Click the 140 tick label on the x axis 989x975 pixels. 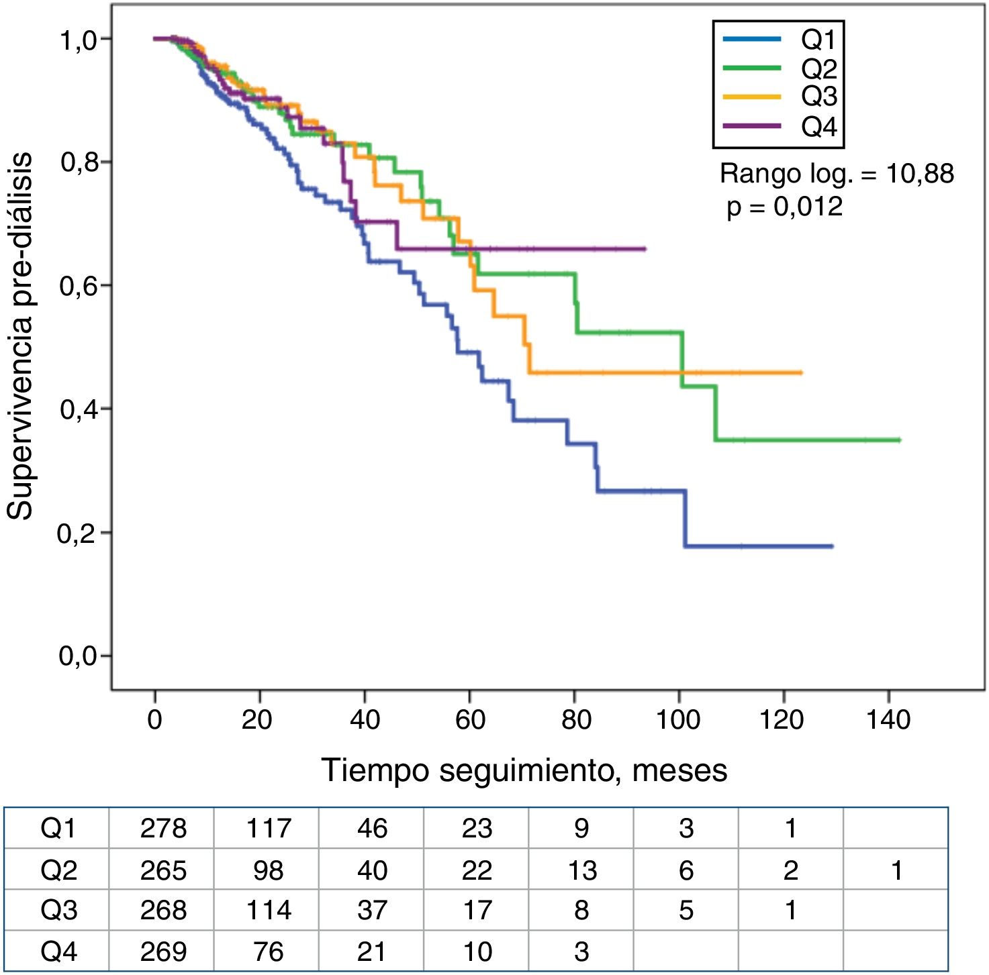888,720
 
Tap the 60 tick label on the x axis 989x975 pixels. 470,720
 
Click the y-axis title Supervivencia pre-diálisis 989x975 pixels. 20,336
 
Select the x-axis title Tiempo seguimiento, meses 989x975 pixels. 524,770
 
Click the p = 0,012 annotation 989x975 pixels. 784,206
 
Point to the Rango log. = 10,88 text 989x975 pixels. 837,174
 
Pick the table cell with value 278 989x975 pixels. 163,829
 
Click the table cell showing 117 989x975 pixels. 268,829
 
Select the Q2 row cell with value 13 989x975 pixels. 581,870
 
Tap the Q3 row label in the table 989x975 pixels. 58,911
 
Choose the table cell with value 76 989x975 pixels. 268,952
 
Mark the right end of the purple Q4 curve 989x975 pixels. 645,249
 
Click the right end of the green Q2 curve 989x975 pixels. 899,440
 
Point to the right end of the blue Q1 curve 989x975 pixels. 832,546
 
